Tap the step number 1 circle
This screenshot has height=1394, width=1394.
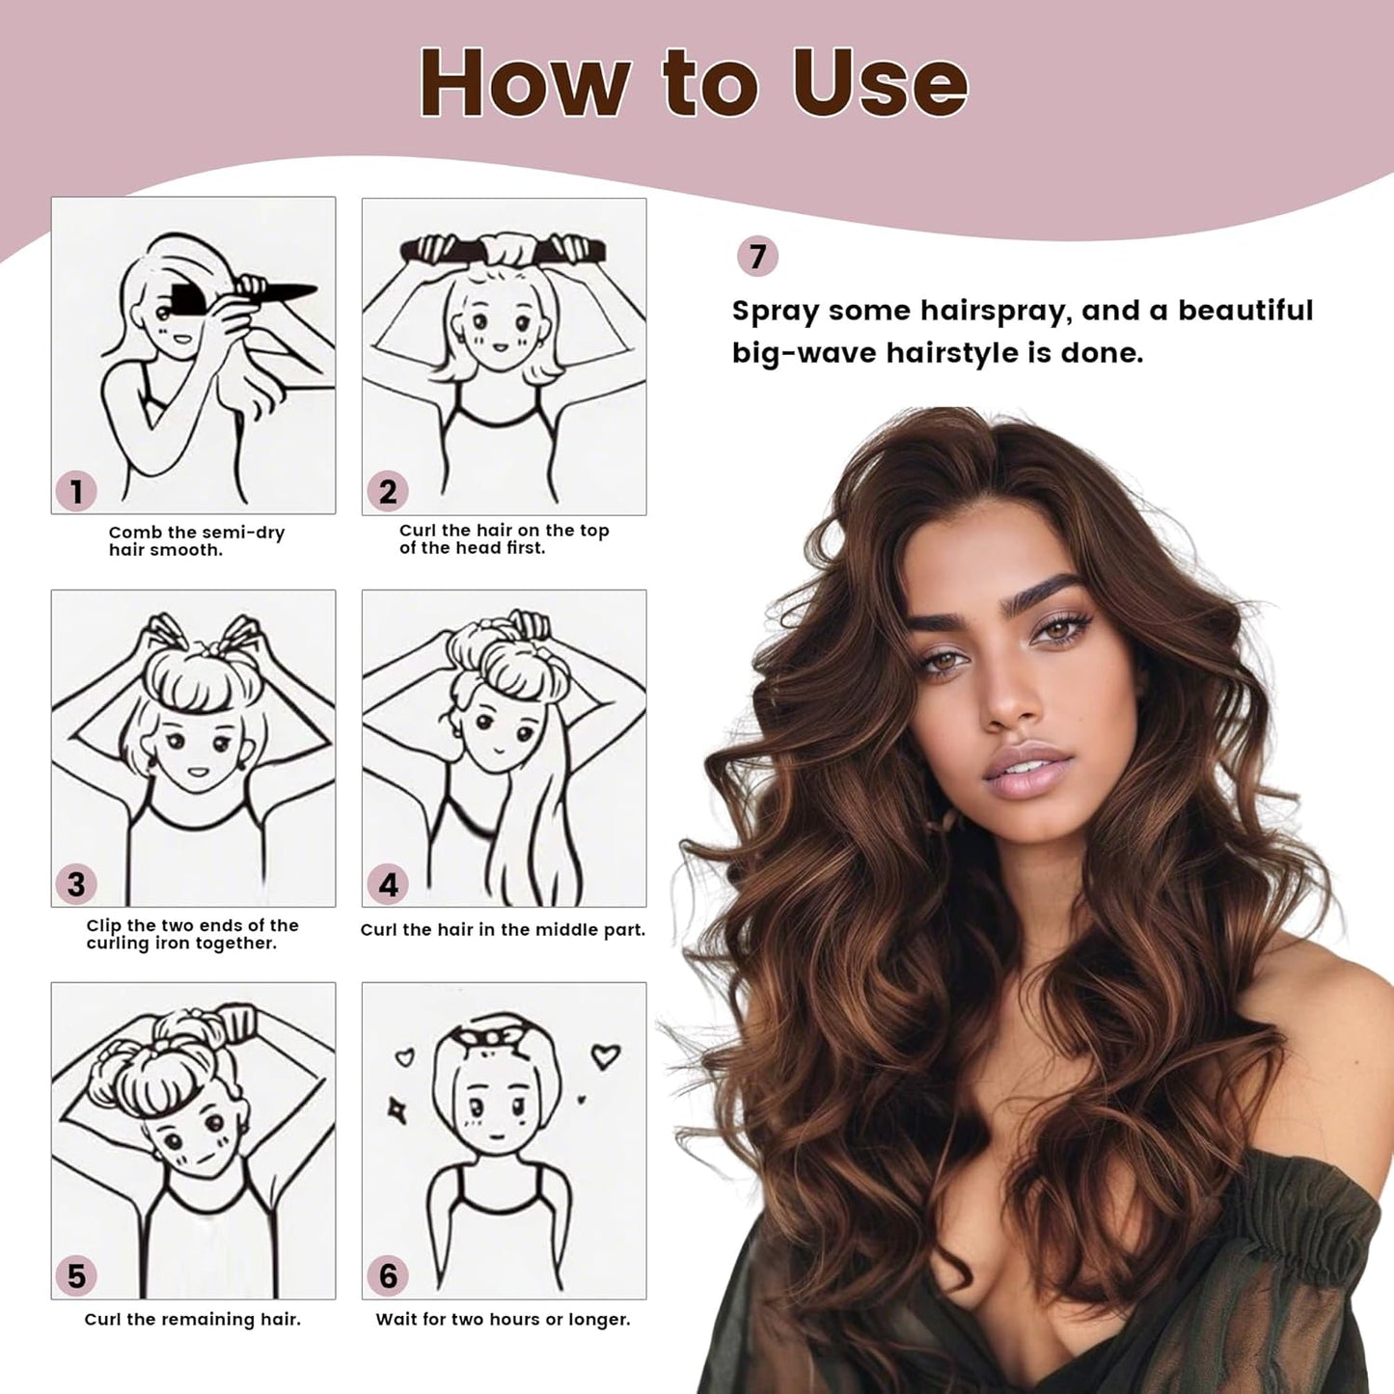(x=76, y=491)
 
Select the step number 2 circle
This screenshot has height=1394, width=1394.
(x=388, y=491)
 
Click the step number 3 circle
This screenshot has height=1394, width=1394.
(x=76, y=884)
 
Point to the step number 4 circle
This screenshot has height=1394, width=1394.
(x=388, y=884)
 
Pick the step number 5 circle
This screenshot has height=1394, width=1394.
(x=76, y=1276)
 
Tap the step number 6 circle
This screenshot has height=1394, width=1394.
(x=388, y=1276)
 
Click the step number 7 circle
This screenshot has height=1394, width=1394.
(x=757, y=257)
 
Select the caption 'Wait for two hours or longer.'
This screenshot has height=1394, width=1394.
(x=503, y=1319)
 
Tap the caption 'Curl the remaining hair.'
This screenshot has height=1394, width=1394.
(x=193, y=1319)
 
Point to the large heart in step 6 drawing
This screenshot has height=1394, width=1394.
(x=605, y=1055)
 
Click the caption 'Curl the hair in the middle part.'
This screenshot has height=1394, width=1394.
(x=503, y=930)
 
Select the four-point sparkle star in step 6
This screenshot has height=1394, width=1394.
(x=396, y=1110)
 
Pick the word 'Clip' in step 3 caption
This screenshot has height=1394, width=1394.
(x=104, y=925)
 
